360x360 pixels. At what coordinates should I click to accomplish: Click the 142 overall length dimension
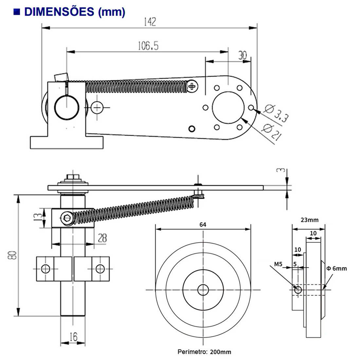[x=150, y=22]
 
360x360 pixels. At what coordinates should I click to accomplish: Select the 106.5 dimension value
[x=148, y=46]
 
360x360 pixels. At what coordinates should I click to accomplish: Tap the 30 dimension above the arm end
[x=242, y=55]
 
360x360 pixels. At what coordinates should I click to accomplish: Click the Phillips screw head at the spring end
[x=192, y=86]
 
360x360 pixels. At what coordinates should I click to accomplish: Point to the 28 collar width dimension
[x=102, y=238]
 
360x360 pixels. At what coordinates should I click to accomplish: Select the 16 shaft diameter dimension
[x=73, y=336]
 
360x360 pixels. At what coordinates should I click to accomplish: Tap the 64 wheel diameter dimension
[x=203, y=225]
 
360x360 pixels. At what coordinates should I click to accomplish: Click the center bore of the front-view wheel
[x=203, y=289]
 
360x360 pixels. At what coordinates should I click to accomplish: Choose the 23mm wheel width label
[x=309, y=220]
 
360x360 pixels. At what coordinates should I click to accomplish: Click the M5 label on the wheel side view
[x=278, y=264]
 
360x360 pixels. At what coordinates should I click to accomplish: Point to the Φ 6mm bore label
[x=336, y=268]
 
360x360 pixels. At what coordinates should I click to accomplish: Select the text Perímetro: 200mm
[x=204, y=352]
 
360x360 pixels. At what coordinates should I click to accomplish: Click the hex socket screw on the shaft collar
[x=67, y=218]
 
